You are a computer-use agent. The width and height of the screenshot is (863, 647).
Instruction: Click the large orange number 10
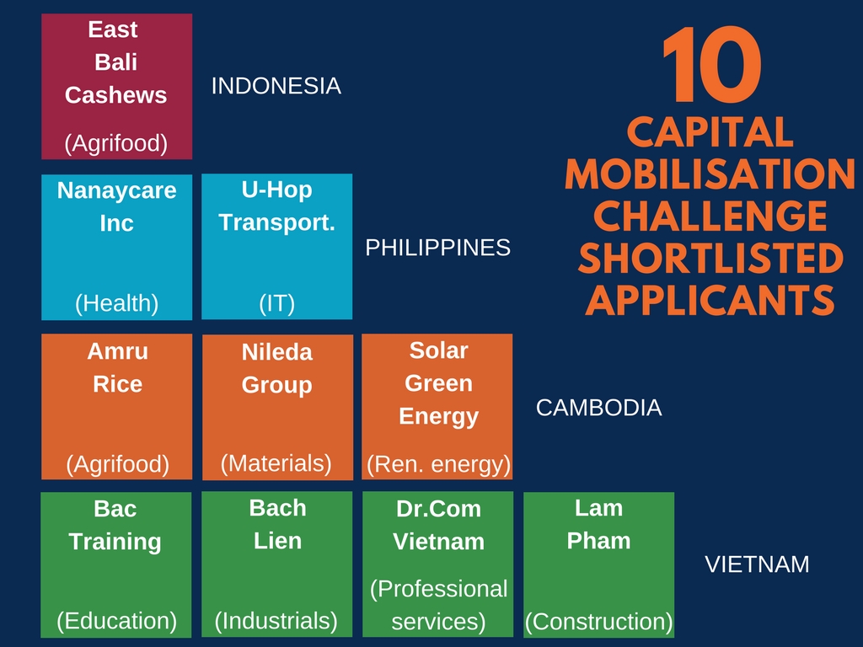711,64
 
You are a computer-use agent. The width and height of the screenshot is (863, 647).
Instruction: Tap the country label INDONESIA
276,86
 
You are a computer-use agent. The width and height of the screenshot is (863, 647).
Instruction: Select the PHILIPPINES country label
438,248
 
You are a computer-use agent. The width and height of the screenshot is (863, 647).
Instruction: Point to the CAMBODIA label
599,408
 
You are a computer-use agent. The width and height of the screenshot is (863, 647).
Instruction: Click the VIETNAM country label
757,564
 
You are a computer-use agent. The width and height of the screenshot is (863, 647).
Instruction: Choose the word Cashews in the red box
115,95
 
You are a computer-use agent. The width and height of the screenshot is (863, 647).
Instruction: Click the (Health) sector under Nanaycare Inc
116,303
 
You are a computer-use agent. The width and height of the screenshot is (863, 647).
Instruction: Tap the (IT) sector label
276,303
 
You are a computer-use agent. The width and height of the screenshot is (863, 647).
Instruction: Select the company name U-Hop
276,190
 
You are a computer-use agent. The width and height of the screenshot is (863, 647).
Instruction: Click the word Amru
118,351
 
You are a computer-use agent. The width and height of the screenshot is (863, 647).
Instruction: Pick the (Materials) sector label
276,463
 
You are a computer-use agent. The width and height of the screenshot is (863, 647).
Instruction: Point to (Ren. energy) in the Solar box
438,464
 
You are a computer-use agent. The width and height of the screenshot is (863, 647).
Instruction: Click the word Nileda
276,352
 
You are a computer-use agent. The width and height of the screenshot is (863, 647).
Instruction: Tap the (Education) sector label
116,621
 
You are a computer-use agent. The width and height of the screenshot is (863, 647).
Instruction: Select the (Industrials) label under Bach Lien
276,621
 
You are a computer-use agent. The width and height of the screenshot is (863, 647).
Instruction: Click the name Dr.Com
438,509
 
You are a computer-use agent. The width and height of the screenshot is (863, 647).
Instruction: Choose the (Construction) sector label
599,621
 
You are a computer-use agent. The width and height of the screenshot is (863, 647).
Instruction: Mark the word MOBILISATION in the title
710,174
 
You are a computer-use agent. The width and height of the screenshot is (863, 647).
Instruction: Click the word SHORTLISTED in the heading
710,259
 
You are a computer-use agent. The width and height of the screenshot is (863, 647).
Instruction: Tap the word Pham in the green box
599,541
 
